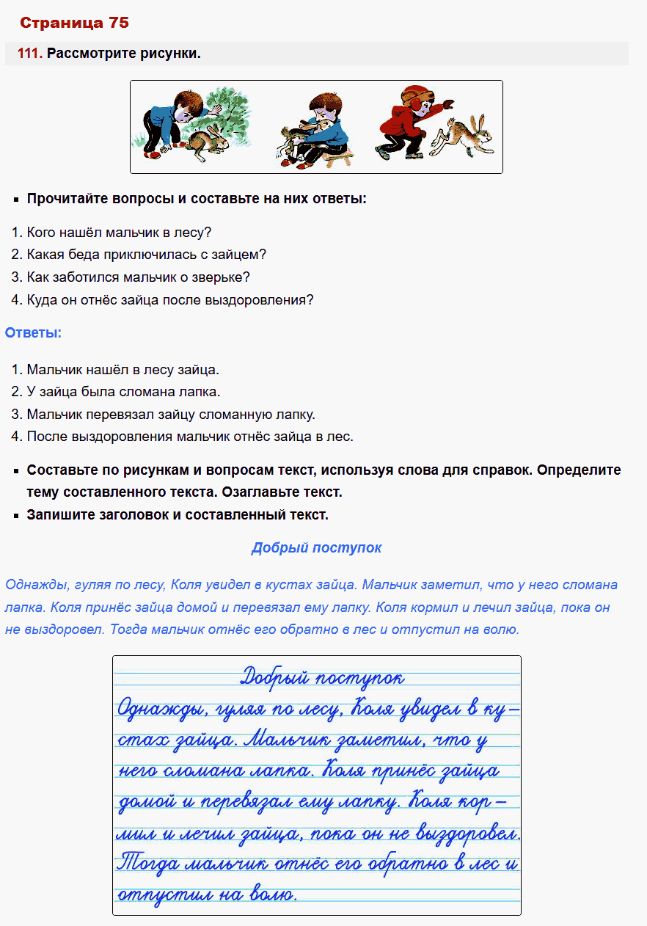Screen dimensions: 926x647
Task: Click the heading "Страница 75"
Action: [x=74, y=23]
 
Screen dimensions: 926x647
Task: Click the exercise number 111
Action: [x=30, y=54]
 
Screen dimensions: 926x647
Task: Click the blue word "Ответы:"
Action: [x=33, y=332]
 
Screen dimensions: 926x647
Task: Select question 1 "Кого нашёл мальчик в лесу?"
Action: [x=119, y=233]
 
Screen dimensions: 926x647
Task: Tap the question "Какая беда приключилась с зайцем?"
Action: [x=146, y=255]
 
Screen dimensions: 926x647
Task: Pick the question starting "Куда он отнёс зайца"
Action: [x=169, y=299]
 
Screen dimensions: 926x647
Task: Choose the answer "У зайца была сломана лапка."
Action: [x=123, y=392]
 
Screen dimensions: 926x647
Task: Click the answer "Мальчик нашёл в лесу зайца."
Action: [x=123, y=370]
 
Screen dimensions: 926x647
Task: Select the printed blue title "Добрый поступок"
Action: [x=316, y=548]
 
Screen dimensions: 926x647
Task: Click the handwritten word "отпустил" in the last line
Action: [x=155, y=895]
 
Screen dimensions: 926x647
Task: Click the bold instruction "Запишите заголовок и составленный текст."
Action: [x=178, y=514]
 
